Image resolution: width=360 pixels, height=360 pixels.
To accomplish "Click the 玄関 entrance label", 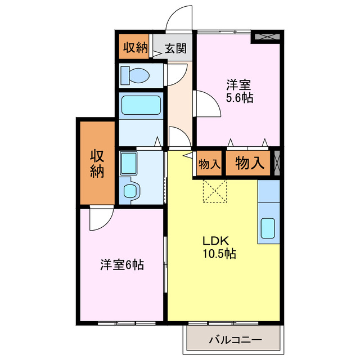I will (x=175, y=49).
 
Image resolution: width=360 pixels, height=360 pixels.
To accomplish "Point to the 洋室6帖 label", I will (x=122, y=264).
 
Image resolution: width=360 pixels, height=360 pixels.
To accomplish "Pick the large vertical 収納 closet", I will (x=98, y=164).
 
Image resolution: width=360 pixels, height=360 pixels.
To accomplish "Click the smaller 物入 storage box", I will (x=209, y=164).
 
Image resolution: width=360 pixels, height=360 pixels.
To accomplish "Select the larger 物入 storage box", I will (x=249, y=163).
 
